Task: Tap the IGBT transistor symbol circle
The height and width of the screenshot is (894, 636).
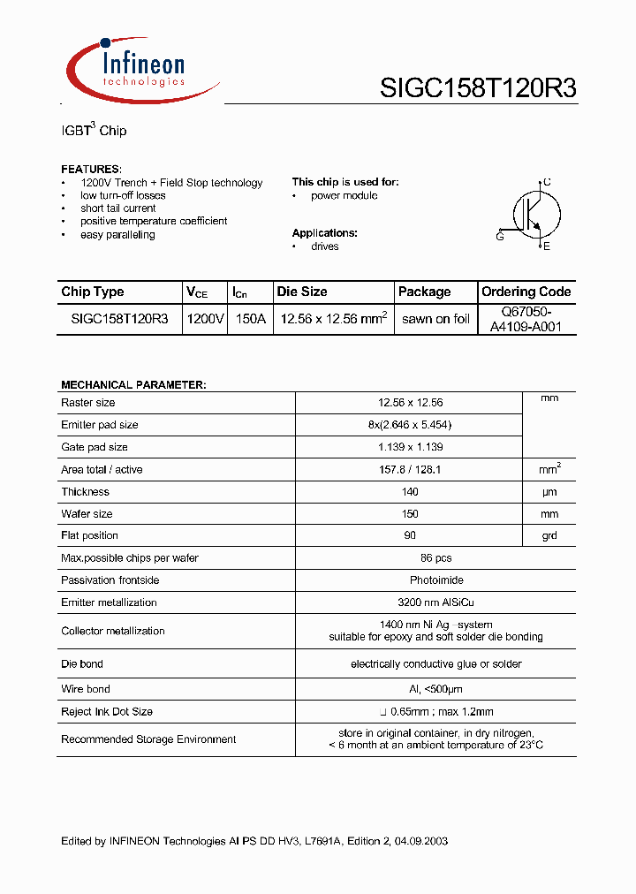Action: pyautogui.click(x=536, y=214)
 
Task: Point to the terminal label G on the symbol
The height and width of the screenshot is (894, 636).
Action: pyautogui.click(x=500, y=237)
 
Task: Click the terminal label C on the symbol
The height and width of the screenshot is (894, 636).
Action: pyautogui.click(x=547, y=182)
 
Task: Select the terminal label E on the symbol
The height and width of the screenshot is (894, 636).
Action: pyautogui.click(x=547, y=246)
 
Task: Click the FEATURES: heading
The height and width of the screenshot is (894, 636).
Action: pyautogui.click(x=91, y=169)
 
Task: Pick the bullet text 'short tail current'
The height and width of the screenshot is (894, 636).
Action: pyautogui.click(x=117, y=208)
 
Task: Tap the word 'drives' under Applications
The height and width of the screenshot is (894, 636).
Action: pyautogui.click(x=324, y=246)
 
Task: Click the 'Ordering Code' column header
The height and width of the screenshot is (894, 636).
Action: pyautogui.click(x=526, y=292)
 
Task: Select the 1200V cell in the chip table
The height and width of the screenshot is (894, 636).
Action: pyautogui.click(x=205, y=319)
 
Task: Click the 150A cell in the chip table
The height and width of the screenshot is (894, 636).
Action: pyautogui.click(x=248, y=319)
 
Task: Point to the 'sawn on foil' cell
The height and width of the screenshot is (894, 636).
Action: pyautogui.click(x=435, y=319)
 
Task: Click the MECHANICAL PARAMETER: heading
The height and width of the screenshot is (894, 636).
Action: pyautogui.click(x=133, y=385)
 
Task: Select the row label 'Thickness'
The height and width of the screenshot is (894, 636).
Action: pyautogui.click(x=85, y=492)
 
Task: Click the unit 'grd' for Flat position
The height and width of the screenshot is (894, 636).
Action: pyautogui.click(x=549, y=535)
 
